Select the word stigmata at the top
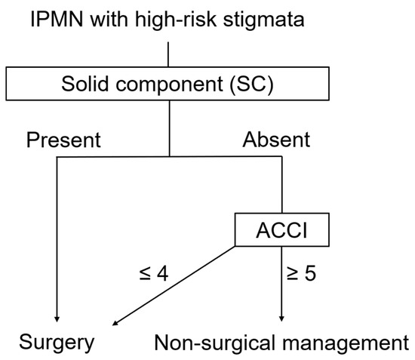click(278, 20)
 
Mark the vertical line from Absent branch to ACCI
click(281, 185)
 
